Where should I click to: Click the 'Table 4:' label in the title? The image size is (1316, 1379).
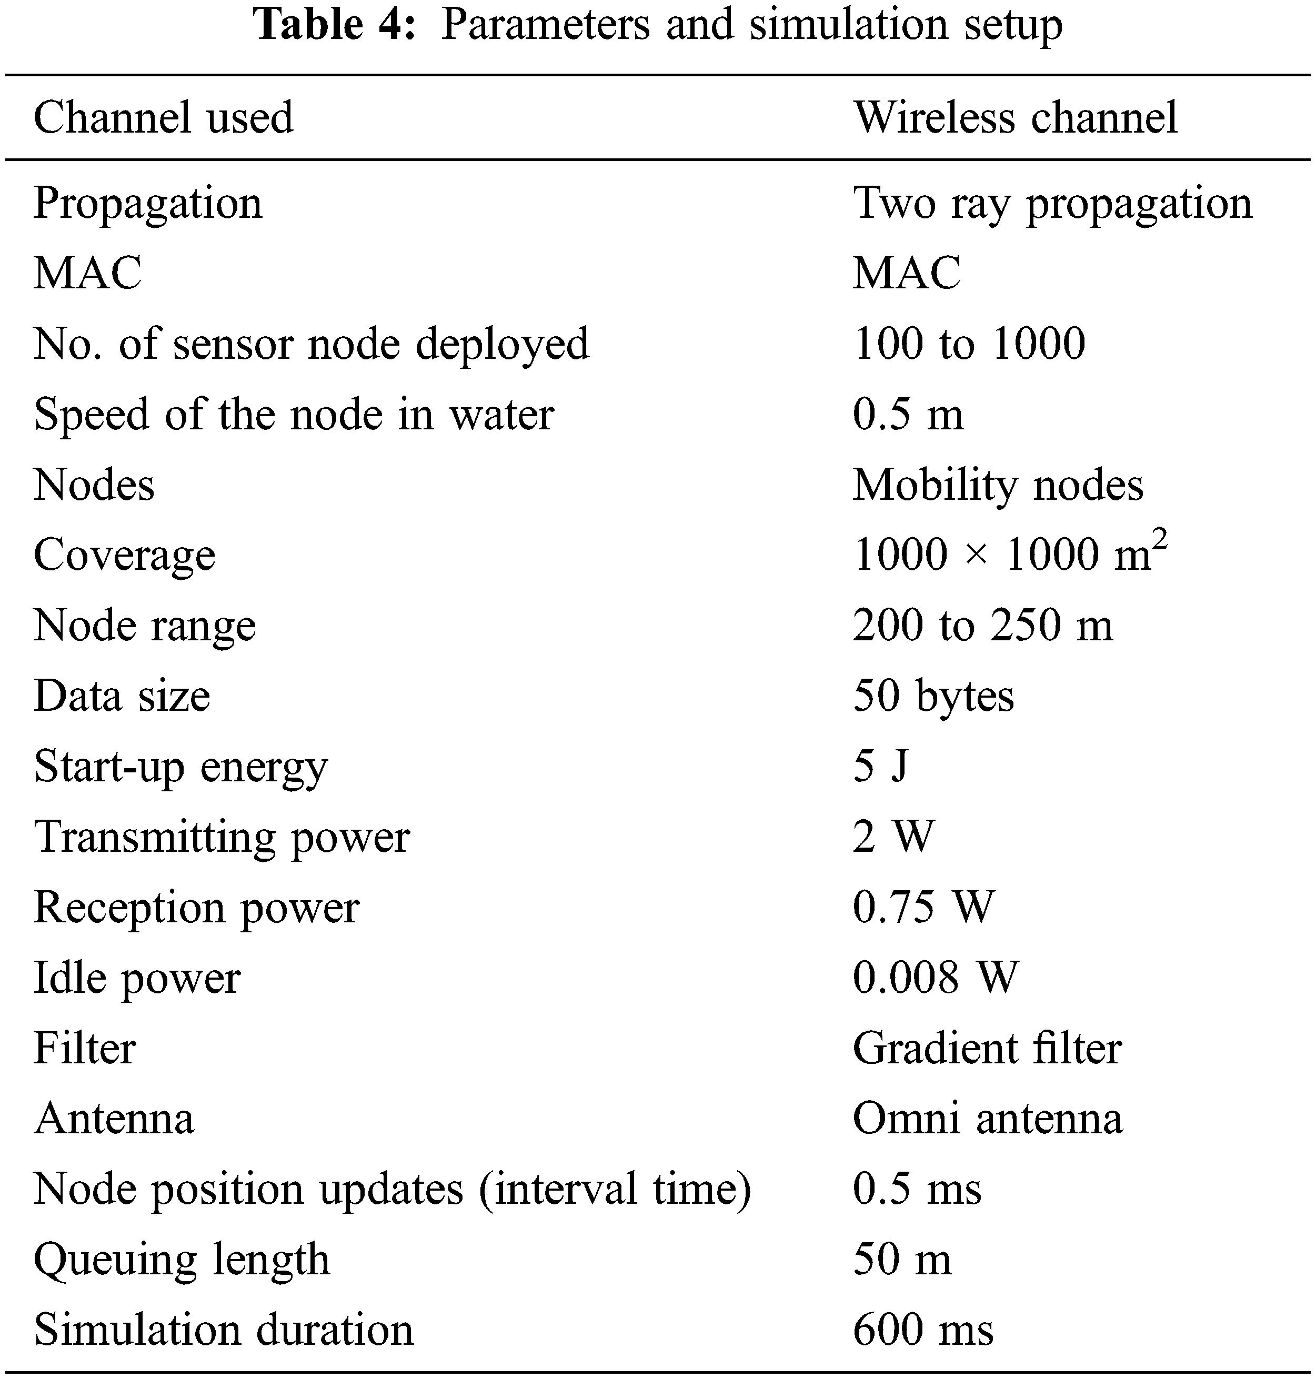(335, 25)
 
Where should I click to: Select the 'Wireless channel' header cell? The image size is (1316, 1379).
(1015, 117)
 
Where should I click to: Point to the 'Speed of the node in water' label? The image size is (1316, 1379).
(294, 414)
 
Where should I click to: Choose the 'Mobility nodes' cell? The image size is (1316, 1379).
(998, 485)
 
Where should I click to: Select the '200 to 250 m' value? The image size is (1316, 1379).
(982, 625)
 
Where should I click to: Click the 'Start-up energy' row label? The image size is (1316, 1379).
(180, 766)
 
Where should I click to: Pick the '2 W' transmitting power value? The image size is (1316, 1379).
(893, 836)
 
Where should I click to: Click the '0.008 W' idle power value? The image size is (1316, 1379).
(935, 977)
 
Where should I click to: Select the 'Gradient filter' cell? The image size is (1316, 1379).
(987, 1048)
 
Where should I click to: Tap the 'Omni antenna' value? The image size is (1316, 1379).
(987, 1118)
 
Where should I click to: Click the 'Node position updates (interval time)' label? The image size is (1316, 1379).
(392, 1189)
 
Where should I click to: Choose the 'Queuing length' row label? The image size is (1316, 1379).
(182, 1260)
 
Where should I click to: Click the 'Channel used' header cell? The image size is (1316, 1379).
(164, 117)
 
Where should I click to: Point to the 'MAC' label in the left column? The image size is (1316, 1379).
(88, 273)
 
